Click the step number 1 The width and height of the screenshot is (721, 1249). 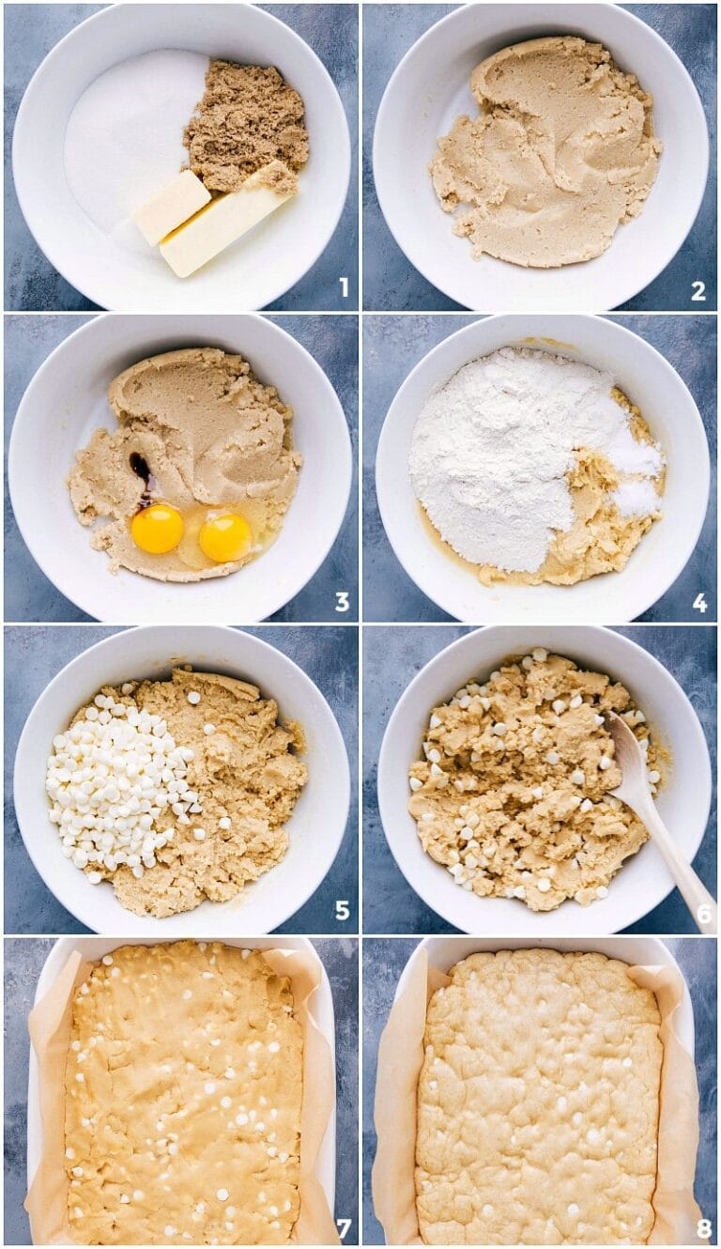tap(344, 288)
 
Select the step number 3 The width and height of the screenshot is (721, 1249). tap(342, 602)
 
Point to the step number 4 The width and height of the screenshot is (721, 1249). tap(699, 603)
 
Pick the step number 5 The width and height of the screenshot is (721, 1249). tap(343, 911)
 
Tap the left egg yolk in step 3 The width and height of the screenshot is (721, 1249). tap(157, 529)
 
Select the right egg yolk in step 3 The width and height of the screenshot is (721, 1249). tap(225, 537)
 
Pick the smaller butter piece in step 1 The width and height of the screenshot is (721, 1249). tap(173, 207)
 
